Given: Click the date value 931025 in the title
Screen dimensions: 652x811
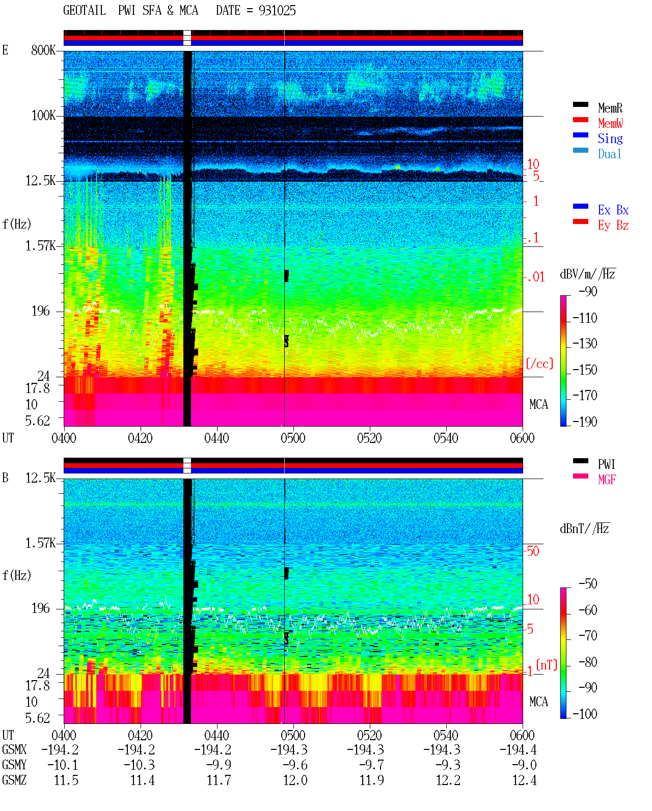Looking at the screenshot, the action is pyautogui.click(x=277, y=11).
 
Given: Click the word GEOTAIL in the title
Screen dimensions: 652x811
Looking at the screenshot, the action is pyautogui.click(x=85, y=11).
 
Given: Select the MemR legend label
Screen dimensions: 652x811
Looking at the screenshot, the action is pyautogui.click(x=610, y=108).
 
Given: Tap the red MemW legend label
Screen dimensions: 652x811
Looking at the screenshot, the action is pyautogui.click(x=610, y=123).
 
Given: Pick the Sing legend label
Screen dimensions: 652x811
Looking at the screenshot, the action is pyautogui.click(x=610, y=138).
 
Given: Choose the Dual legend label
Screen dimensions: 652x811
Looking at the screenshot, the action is pyautogui.click(x=610, y=154).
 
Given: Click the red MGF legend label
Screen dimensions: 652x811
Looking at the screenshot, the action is pyautogui.click(x=607, y=480).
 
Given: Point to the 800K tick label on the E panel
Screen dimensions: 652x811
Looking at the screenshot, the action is pyautogui.click(x=43, y=50).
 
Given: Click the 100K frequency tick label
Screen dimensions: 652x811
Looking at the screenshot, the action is pyautogui.click(x=43, y=116).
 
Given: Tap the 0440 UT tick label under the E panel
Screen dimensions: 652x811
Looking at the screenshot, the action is pyautogui.click(x=217, y=438).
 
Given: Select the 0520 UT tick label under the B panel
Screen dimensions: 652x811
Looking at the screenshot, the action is pyautogui.click(x=370, y=735).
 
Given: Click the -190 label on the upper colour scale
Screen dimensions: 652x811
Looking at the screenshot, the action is pyautogui.click(x=585, y=422).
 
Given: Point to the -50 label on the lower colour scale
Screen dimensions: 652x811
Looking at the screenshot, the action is pyautogui.click(x=588, y=584).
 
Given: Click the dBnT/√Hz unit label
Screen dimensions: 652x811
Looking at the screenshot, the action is pyautogui.click(x=585, y=529).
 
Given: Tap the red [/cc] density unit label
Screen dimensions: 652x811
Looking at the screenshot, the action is pyautogui.click(x=539, y=363).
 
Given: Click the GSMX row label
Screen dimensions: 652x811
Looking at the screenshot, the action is pyautogui.click(x=14, y=749).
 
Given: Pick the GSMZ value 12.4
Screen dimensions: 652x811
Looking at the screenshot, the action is pyautogui.click(x=524, y=780).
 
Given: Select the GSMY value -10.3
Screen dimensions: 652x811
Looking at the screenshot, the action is pyautogui.click(x=139, y=765).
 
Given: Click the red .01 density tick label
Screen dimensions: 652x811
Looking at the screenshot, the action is pyautogui.click(x=535, y=277).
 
